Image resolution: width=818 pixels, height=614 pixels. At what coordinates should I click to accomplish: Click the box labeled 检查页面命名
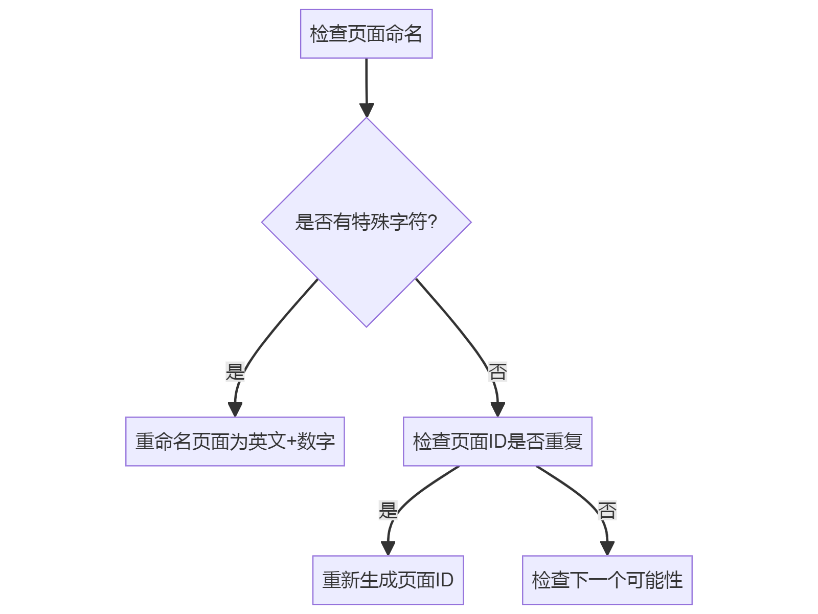366,34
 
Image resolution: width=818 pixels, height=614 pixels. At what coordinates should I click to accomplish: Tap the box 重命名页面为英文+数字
235,441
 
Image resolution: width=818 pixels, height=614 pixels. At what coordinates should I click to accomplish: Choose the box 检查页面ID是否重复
497,441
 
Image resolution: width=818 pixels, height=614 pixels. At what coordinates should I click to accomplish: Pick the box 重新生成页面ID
388,580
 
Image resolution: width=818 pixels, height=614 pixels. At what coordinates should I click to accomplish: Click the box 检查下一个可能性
607,580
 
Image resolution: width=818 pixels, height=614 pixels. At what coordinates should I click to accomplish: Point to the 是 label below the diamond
235,371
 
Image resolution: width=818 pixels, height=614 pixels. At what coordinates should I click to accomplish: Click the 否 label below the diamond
497,371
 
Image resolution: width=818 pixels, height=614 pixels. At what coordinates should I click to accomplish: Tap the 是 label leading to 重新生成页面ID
388,510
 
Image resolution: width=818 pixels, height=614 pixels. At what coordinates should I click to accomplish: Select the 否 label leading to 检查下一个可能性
607,510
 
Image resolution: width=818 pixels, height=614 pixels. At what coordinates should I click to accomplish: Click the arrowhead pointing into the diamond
367,110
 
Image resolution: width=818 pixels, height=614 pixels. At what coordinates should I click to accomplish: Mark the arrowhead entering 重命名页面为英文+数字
235,409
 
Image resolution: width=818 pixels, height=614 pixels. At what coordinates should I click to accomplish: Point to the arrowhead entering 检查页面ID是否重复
497,409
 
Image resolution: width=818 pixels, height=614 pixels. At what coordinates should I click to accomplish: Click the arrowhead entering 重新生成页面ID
388,548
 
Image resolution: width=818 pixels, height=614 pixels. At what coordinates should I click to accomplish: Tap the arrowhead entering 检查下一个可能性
607,548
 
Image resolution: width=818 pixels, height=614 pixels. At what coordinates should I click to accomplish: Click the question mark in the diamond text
432,222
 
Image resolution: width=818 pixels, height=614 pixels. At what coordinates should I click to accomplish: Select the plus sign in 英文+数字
291,442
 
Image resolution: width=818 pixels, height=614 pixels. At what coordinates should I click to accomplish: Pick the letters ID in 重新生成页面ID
444,580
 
